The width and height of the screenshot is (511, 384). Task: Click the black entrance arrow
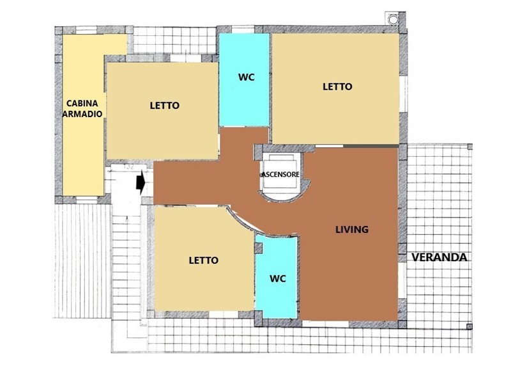141,183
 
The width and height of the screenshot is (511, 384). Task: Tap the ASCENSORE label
280,175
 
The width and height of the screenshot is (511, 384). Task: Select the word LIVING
352,230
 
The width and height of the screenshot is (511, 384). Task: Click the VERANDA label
439,257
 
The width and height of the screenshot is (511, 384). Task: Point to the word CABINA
82,103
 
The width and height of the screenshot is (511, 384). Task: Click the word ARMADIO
82,114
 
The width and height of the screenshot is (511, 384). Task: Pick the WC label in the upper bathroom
247,77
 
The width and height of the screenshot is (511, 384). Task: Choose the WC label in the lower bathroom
278,279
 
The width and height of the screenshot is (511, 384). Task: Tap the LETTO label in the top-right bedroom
337,86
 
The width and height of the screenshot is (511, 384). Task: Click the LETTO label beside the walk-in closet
165,106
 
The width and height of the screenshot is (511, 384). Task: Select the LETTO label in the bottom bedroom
204,260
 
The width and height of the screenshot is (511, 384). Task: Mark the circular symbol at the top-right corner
393,20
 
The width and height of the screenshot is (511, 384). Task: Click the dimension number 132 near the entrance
129,166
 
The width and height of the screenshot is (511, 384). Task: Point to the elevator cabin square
280,172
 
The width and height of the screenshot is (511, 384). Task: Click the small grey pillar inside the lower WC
259,248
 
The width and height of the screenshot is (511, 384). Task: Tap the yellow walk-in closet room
83,124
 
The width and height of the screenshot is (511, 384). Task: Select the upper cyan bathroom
244,79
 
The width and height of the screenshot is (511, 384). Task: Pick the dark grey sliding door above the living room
371,146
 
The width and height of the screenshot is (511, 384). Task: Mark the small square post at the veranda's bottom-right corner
469,326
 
